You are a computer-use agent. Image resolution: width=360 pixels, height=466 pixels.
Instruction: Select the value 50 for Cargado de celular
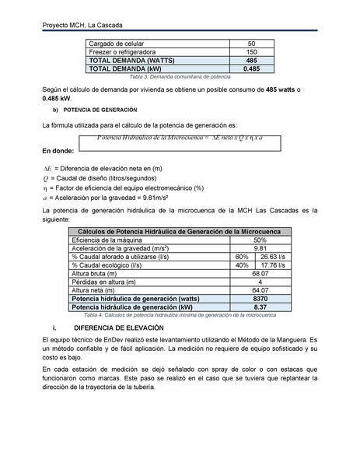250,44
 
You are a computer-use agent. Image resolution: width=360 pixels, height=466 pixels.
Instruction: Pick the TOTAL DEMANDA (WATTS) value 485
250,60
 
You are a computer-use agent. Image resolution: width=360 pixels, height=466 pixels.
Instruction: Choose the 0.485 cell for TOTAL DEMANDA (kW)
250,68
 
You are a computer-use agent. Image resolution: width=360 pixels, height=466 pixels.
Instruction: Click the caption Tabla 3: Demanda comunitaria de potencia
180,77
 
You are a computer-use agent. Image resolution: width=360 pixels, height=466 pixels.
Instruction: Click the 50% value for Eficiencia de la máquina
260,240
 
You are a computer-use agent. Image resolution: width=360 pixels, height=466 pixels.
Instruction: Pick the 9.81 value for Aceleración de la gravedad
260,248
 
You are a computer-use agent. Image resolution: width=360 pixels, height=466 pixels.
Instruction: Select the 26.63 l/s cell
274,257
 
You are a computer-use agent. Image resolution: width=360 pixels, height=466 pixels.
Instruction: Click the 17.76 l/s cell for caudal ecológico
274,265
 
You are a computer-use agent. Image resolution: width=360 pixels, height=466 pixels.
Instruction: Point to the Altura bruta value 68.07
260,274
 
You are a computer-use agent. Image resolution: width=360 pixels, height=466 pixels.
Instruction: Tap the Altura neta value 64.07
260,290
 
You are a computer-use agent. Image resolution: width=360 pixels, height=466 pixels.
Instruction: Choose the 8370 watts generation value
260,299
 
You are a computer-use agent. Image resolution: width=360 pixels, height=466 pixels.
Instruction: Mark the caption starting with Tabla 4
180,315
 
